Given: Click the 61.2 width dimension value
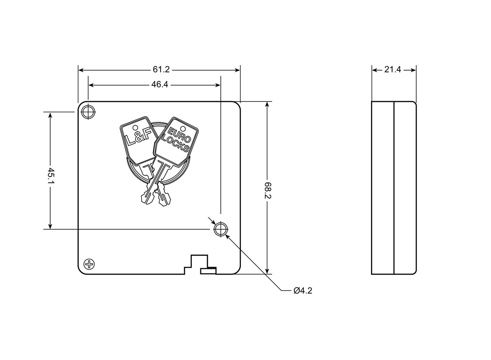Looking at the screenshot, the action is coord(161,70).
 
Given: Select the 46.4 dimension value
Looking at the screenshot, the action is coord(160,85).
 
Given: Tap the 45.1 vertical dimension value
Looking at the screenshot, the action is coord(51,176).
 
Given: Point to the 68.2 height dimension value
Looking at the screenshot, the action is coord(268,190).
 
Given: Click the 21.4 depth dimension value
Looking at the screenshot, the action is coord(392,70).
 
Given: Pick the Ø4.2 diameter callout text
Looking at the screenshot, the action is coord(303,291).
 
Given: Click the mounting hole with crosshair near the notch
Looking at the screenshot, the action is coord(221,229).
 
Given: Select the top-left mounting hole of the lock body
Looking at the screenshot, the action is coord(88,112).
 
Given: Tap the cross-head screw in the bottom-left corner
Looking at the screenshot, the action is coord(89,264).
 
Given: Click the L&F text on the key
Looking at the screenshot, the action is coord(139,137).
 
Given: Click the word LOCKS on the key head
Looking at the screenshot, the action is coord(176,144).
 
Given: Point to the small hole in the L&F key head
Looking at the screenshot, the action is coord(135,127).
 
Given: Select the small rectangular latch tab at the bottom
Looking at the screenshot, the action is coord(208,272).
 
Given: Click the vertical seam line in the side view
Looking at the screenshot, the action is coord(394,188).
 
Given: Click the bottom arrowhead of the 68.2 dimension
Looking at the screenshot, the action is coord(267,271).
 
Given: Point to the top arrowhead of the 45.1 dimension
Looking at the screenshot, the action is coord(50,115).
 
